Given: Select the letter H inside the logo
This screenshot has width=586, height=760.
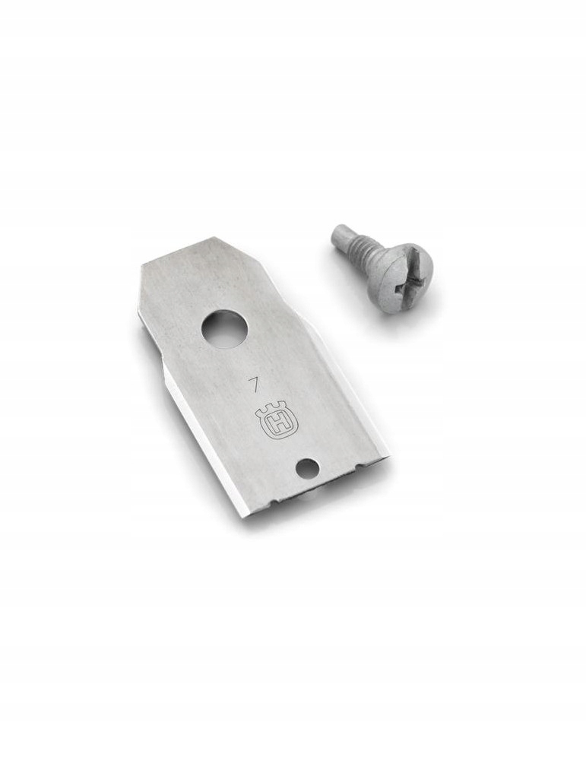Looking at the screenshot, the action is click(276, 425).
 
